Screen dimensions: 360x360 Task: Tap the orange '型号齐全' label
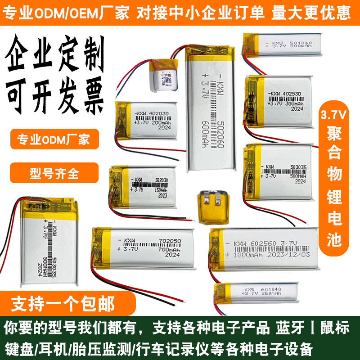coord(54,173)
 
